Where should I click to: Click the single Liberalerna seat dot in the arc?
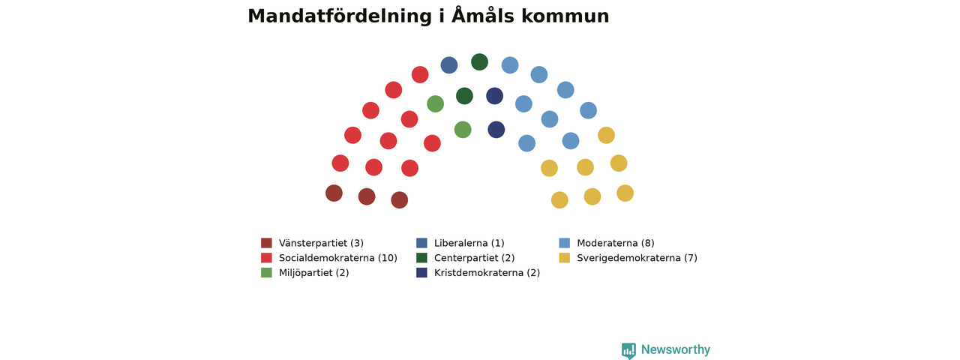click(x=449, y=65)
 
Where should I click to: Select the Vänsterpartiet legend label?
click(x=321, y=243)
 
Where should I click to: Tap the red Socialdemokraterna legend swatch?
click(x=266, y=258)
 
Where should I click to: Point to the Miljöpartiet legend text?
click(x=313, y=272)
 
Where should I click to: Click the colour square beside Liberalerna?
click(x=421, y=243)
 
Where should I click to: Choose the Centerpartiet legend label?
click(x=474, y=258)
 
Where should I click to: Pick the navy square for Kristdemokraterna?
click(x=421, y=272)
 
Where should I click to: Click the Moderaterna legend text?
click(x=616, y=243)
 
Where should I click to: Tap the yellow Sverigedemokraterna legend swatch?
click(x=565, y=258)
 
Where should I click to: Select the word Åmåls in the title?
click(x=482, y=16)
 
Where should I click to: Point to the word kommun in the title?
click(x=565, y=17)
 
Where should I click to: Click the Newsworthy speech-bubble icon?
click(x=628, y=350)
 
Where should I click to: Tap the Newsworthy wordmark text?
click(x=676, y=349)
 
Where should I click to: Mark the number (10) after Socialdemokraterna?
click(x=388, y=258)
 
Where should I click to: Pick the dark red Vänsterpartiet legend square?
click(x=266, y=243)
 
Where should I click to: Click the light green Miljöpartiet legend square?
click(x=266, y=272)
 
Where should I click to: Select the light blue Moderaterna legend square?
click(x=565, y=243)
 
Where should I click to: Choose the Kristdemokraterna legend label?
click(x=487, y=272)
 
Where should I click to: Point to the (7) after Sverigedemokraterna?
click(x=691, y=258)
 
